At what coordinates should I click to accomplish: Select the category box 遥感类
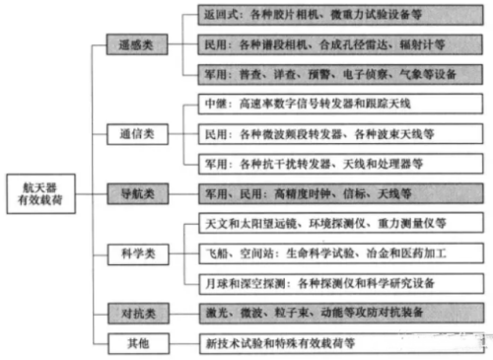tap(137, 45)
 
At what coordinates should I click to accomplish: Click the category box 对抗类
tap(137, 314)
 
